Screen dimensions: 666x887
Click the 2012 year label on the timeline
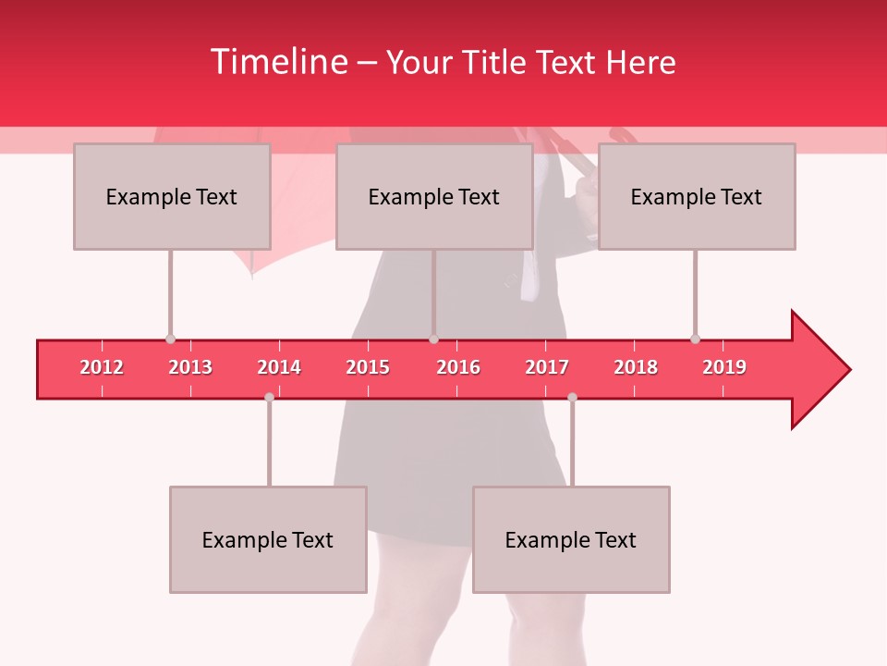102,367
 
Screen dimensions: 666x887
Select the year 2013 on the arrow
190,367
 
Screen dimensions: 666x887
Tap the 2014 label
279,367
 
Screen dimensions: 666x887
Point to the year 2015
368,367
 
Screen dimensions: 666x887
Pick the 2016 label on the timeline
458,367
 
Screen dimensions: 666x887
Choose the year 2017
547,367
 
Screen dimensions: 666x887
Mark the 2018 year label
636,367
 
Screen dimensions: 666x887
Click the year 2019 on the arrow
724,367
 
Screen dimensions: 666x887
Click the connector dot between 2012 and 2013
170,339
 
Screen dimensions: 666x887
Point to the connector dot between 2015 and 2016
433,339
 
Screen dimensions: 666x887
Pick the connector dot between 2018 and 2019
695,339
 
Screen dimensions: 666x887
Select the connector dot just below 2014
269,397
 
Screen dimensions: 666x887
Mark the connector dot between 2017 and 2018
572,397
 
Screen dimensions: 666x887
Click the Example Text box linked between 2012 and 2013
172,196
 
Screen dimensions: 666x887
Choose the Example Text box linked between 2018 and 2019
697,196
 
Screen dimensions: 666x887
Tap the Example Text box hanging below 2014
268,539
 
